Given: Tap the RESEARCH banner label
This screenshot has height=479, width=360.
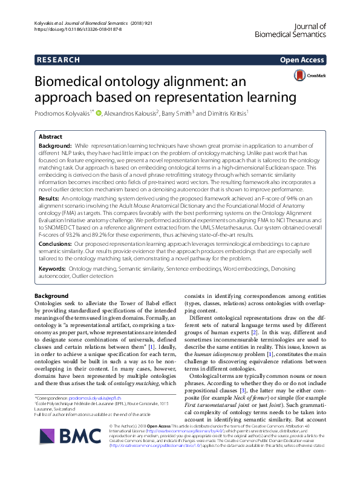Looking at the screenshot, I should tap(59, 60).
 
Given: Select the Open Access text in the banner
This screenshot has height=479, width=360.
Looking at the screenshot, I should tap(303, 60).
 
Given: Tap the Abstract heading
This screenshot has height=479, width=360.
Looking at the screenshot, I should tap(51, 137).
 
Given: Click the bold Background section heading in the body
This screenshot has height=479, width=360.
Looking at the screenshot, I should tap(52, 296).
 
